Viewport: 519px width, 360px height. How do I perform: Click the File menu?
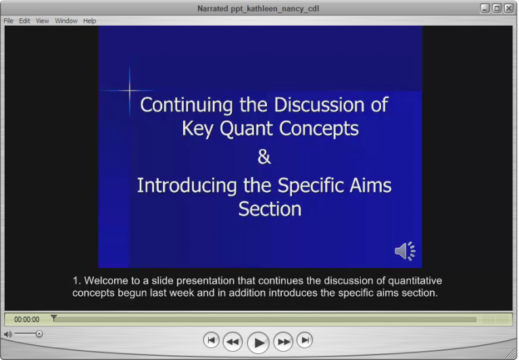(x=9, y=21)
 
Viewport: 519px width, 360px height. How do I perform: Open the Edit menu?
(x=24, y=21)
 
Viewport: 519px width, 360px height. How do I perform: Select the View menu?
(x=43, y=21)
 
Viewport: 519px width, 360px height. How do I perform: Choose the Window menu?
(x=66, y=21)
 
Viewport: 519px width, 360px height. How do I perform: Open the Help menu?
(x=90, y=21)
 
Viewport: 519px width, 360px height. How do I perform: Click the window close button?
(x=508, y=8)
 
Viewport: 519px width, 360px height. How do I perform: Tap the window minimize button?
(x=485, y=8)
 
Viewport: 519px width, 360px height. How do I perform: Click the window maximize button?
(x=497, y=8)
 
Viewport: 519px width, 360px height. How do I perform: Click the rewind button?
(x=232, y=342)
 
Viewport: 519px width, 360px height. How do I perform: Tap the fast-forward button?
(x=284, y=342)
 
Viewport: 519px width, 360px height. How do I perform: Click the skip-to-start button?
(x=212, y=340)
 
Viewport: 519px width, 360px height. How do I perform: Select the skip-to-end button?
(x=305, y=340)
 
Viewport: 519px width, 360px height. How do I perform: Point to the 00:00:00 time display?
(x=27, y=319)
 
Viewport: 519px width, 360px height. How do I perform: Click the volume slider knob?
(x=39, y=334)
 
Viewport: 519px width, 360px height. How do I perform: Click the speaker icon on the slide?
(x=405, y=251)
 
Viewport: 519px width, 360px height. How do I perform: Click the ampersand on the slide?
(x=264, y=157)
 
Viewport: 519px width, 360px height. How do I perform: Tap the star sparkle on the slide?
(x=129, y=90)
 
